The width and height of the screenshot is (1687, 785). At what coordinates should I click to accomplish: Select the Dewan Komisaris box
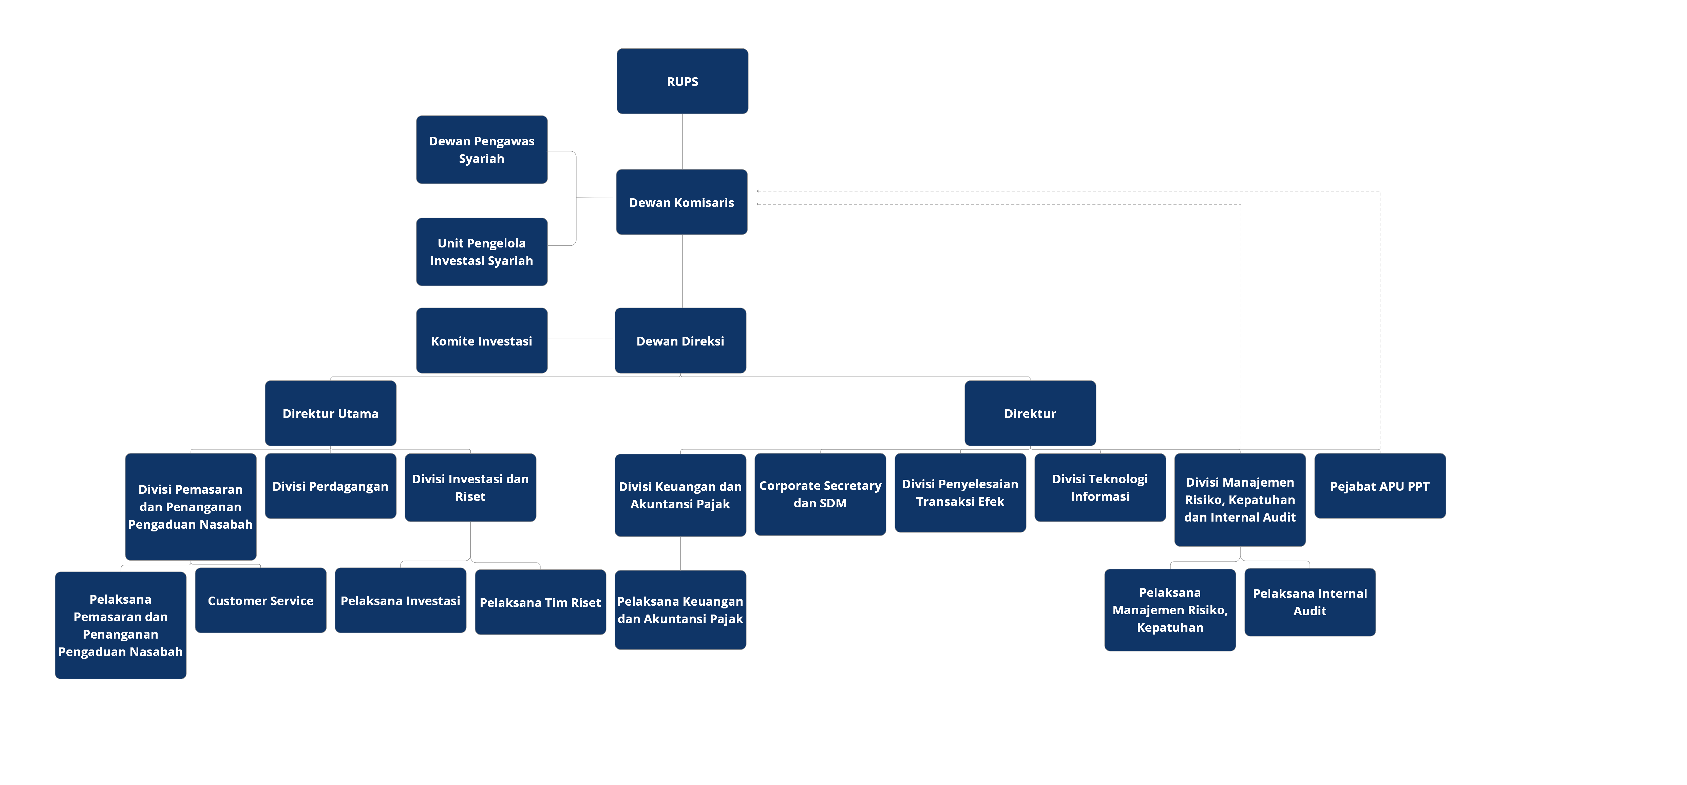click(x=681, y=202)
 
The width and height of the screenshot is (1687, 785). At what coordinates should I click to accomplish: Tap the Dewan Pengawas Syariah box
click(x=481, y=150)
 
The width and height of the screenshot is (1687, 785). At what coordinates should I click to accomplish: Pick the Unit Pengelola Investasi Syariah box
click(x=481, y=252)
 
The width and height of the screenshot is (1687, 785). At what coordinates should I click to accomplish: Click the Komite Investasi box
click(x=481, y=340)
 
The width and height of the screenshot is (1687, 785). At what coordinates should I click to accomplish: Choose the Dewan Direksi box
click(x=680, y=340)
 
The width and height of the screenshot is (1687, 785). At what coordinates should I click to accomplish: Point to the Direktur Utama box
click(x=330, y=413)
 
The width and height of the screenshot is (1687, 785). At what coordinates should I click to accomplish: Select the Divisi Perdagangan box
click(x=330, y=486)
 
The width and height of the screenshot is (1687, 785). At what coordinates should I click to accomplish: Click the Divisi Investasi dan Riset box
click(x=470, y=488)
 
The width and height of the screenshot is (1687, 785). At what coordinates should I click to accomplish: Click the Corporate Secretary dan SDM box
click(x=820, y=494)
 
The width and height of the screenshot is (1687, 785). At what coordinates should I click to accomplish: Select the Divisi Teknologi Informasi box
click(x=1100, y=488)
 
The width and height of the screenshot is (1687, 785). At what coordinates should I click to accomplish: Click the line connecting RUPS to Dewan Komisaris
click(x=683, y=141)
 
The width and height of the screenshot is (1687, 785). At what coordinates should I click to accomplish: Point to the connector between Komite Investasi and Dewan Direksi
click(x=580, y=338)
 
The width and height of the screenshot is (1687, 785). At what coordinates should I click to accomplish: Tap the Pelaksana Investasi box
click(x=400, y=600)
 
